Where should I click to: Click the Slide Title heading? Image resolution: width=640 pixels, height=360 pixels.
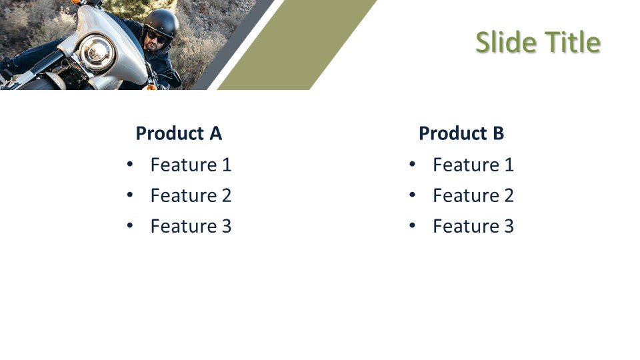[x=538, y=42]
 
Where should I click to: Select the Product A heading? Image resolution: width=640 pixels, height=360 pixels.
[x=179, y=133]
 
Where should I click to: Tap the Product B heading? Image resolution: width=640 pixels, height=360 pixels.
[x=461, y=133]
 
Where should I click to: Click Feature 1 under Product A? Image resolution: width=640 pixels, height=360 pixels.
[x=191, y=165]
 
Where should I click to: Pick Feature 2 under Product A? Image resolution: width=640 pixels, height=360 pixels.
[x=191, y=195]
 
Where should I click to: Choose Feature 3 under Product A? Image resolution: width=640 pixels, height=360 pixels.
[x=191, y=226]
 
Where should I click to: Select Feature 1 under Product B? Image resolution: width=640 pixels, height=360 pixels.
[x=473, y=165]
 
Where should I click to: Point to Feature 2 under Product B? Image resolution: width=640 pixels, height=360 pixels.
[x=473, y=195]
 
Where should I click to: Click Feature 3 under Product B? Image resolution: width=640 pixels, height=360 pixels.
[x=473, y=226]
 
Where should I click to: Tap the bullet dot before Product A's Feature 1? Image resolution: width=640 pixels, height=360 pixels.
[x=130, y=164]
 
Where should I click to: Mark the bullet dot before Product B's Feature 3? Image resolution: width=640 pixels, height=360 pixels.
[x=412, y=225]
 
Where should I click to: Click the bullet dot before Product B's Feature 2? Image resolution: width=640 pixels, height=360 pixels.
[x=412, y=195]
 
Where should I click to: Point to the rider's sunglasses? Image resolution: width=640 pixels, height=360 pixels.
[x=156, y=37]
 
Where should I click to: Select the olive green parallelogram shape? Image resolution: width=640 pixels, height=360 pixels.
[x=297, y=45]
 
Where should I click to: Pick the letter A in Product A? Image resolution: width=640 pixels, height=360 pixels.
[x=215, y=133]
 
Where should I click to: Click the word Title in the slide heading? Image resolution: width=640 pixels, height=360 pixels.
[x=573, y=42]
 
